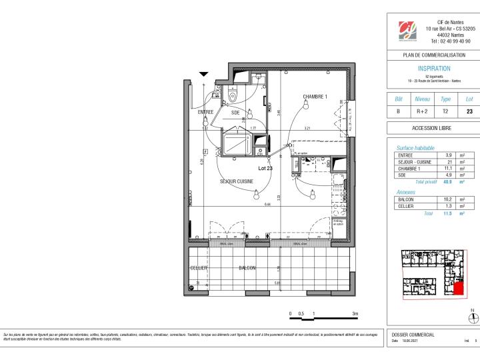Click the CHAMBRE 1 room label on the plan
(315, 97)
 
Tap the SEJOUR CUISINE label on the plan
(237, 181)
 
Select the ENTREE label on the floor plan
(205, 113)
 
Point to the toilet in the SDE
(231, 95)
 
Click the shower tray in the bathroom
(235, 143)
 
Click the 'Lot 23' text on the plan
(265, 169)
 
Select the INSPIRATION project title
(433, 69)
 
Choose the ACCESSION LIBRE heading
(433, 128)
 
